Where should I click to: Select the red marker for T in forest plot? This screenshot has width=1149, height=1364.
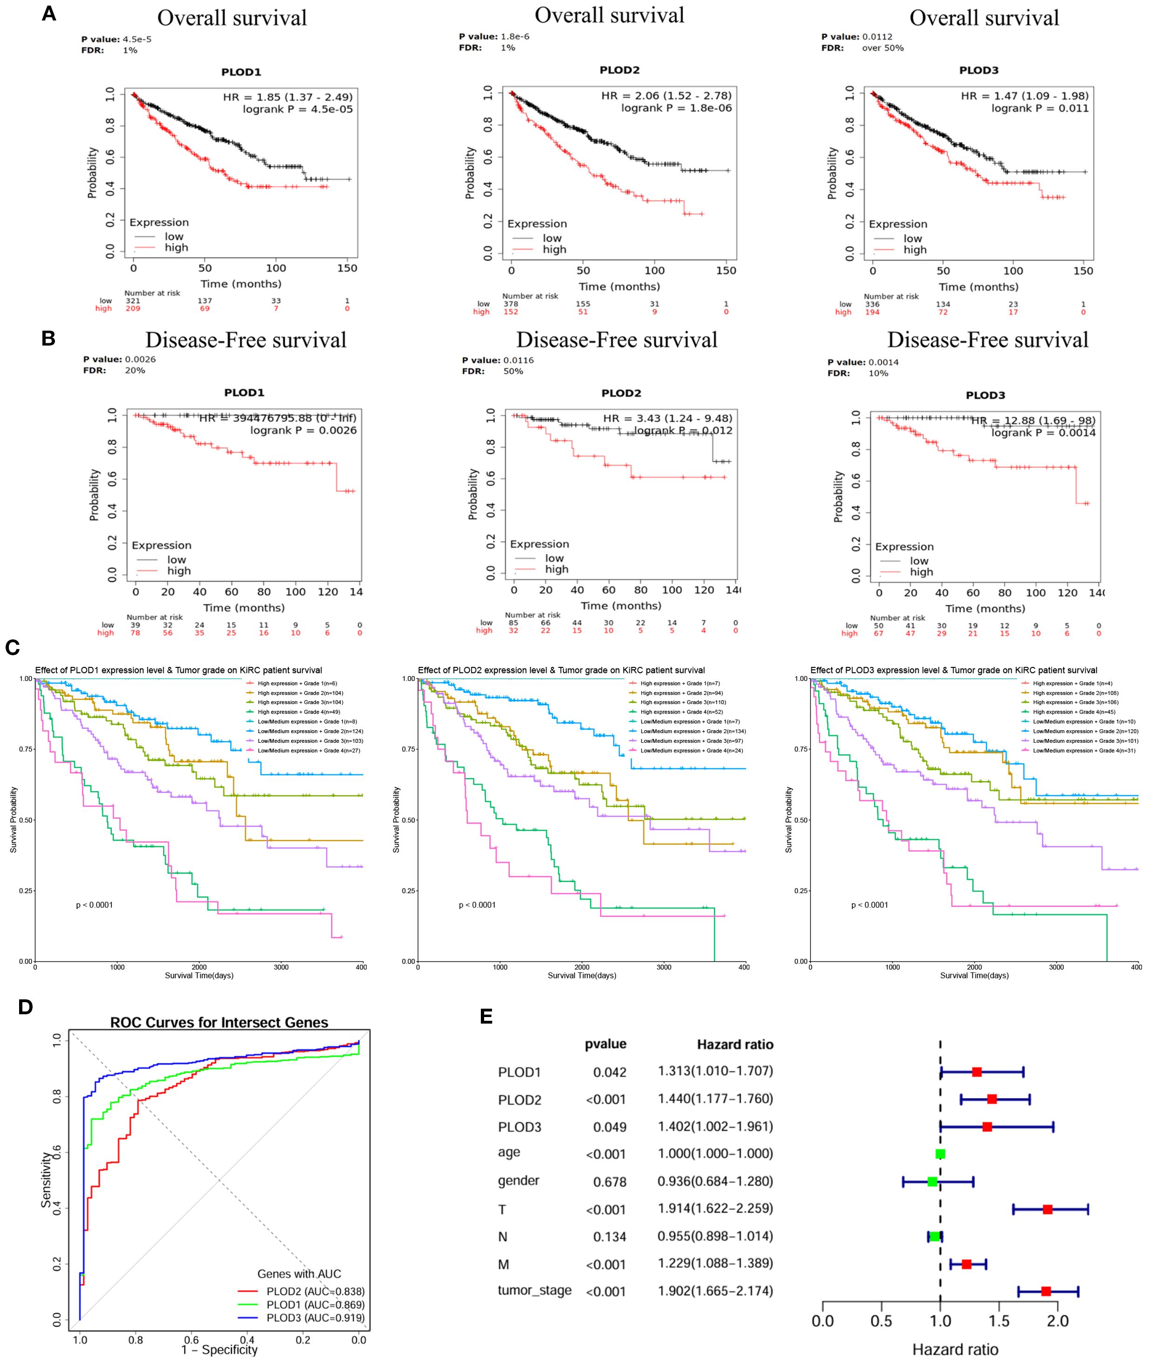click(1047, 1191)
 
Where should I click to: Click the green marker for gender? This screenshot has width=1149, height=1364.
click(932, 1163)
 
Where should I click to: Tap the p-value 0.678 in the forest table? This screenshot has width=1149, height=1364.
click(609, 1163)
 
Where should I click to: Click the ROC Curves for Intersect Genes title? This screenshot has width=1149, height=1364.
click(219, 1022)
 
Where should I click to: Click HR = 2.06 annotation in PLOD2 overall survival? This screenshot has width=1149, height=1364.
click(666, 96)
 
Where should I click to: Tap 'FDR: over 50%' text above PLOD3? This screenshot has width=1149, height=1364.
click(862, 48)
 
